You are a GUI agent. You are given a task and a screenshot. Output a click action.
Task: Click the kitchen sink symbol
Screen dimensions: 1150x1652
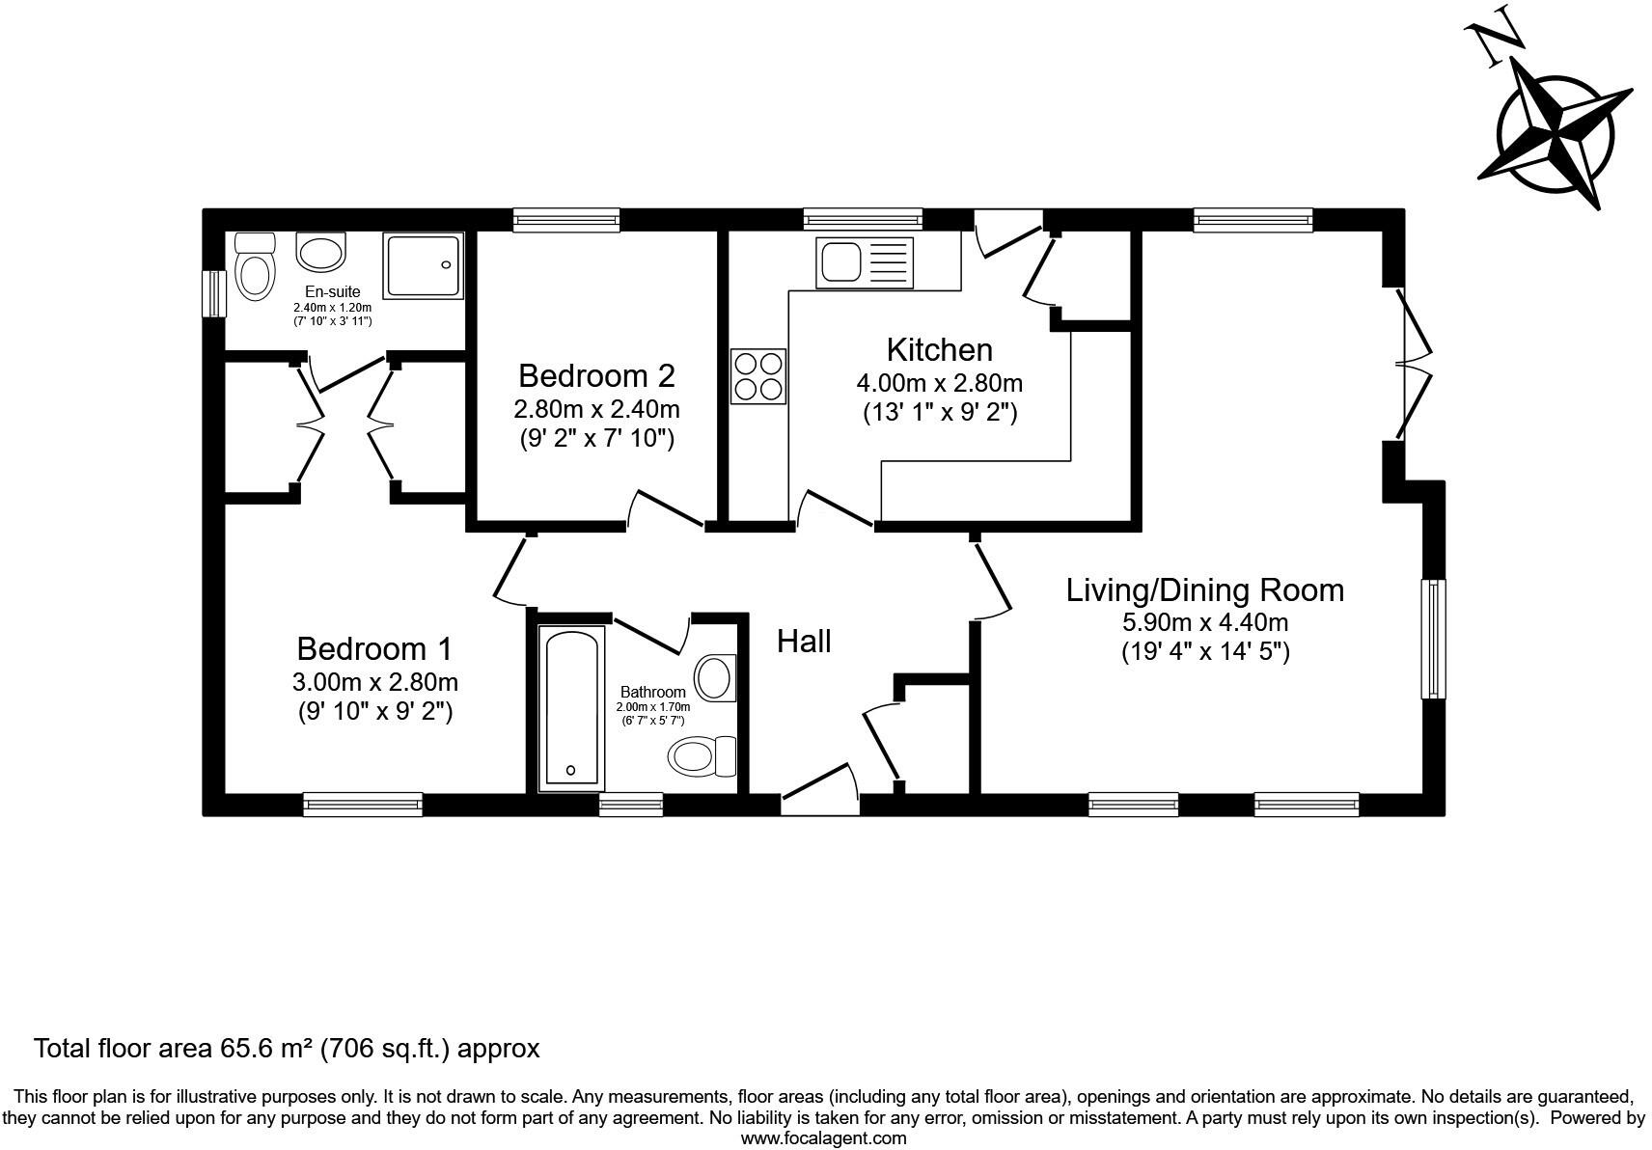click(864, 261)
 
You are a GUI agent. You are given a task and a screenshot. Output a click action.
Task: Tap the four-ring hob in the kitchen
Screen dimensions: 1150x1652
click(758, 376)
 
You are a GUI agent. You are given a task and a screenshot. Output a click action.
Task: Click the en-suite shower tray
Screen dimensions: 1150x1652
click(423, 264)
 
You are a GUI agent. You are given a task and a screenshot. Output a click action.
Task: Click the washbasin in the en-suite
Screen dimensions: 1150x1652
click(320, 253)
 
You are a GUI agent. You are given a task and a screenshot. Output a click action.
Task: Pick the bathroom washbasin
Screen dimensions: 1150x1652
click(715, 677)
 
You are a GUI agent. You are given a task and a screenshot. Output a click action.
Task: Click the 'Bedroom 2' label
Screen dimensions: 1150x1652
click(596, 375)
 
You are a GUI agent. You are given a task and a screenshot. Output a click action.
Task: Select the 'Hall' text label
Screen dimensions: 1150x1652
click(804, 642)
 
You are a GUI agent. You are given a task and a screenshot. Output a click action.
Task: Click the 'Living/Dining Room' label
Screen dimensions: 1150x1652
click(1204, 590)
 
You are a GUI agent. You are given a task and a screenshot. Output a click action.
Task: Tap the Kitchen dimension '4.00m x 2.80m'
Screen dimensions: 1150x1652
click(939, 383)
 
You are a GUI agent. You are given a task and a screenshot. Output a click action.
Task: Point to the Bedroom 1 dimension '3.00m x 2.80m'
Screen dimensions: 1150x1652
click(374, 682)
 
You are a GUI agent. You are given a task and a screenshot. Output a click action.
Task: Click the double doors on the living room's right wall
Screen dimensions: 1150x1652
click(1411, 365)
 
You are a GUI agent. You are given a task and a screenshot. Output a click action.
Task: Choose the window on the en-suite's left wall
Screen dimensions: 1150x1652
click(213, 293)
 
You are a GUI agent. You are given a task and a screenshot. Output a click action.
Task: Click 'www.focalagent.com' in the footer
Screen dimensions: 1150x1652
click(823, 1138)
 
